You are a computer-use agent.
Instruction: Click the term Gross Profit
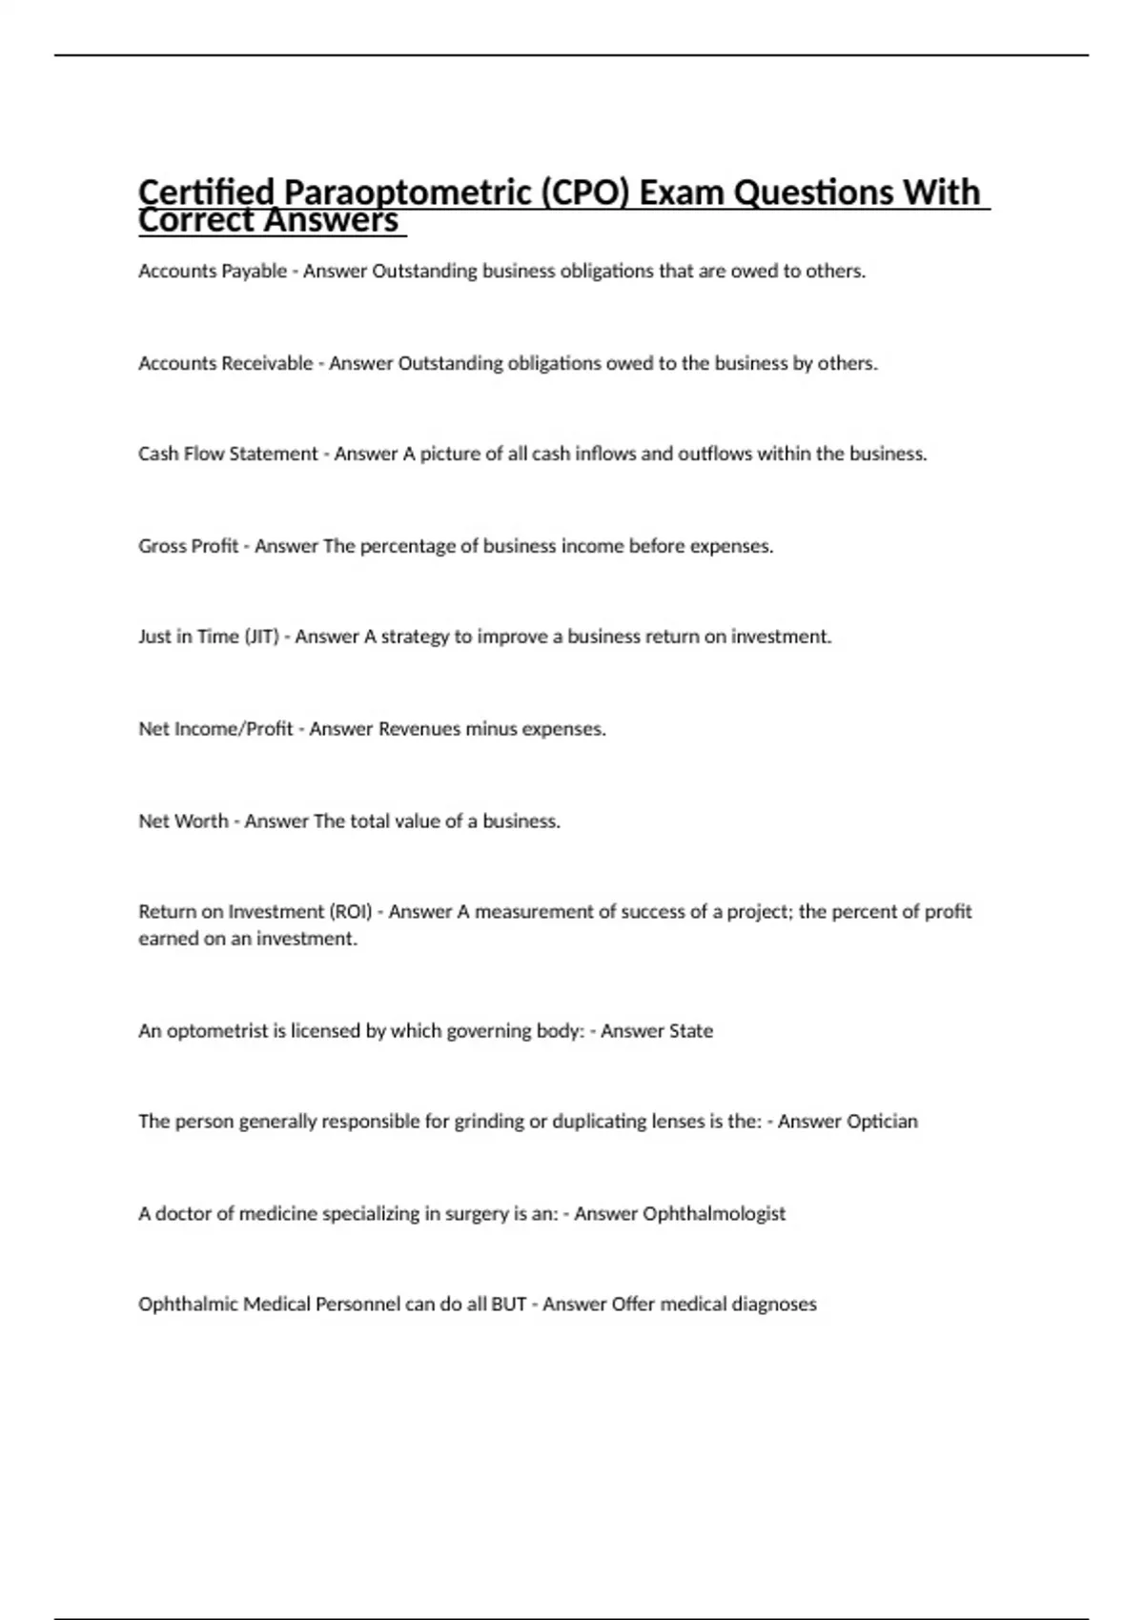188,546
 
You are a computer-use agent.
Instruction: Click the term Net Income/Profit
215,729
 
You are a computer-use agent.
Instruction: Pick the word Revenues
419,729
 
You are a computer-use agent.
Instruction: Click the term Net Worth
183,820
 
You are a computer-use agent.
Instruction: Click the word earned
168,939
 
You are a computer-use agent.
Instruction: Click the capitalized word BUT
508,1305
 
